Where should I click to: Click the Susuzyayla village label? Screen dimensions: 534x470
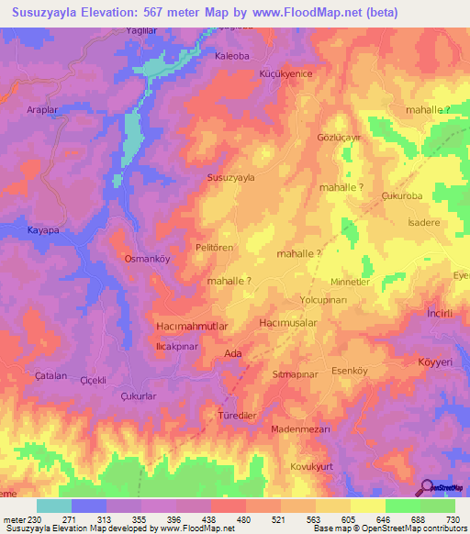tap(231, 177)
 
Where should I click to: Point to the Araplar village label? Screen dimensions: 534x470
tap(44, 132)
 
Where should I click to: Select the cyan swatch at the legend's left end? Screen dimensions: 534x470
tap(53, 506)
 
